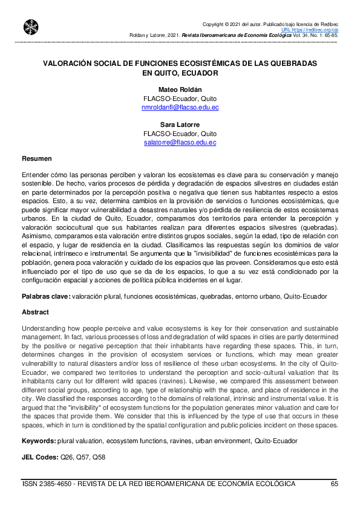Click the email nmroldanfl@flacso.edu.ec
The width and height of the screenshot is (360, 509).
180,107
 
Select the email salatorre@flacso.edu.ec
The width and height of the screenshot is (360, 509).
180,143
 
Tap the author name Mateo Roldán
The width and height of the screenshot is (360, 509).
180,89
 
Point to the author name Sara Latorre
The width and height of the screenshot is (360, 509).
180,125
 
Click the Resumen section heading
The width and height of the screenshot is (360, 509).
36,158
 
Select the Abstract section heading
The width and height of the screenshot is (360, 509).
35,313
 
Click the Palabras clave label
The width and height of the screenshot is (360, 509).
45,297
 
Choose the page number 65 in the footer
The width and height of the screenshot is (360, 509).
335,484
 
